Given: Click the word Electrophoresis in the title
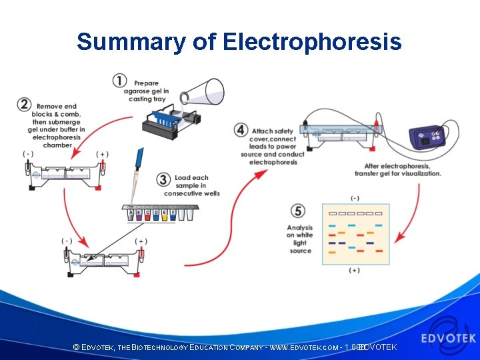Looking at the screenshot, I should (312, 41).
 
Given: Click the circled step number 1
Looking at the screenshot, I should (119, 81).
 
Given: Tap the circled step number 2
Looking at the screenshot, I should (25, 105).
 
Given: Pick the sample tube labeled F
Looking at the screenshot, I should (173, 215).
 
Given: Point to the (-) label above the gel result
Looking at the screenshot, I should (355, 198).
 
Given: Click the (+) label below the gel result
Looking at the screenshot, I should (355, 271).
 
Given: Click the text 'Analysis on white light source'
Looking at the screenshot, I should (300, 239).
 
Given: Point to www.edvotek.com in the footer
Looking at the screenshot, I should (303, 348).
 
